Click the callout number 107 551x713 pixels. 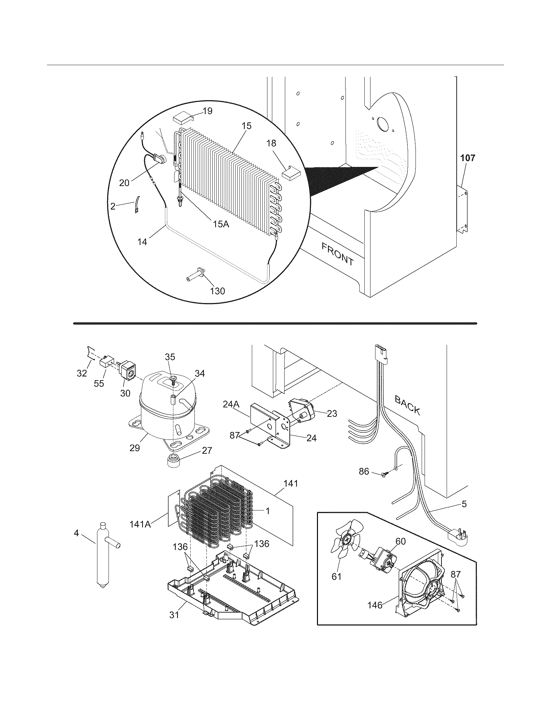pos(468,158)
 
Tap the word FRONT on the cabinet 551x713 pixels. pos(337,254)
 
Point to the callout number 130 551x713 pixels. pos(218,291)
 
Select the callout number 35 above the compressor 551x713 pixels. pos(170,357)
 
